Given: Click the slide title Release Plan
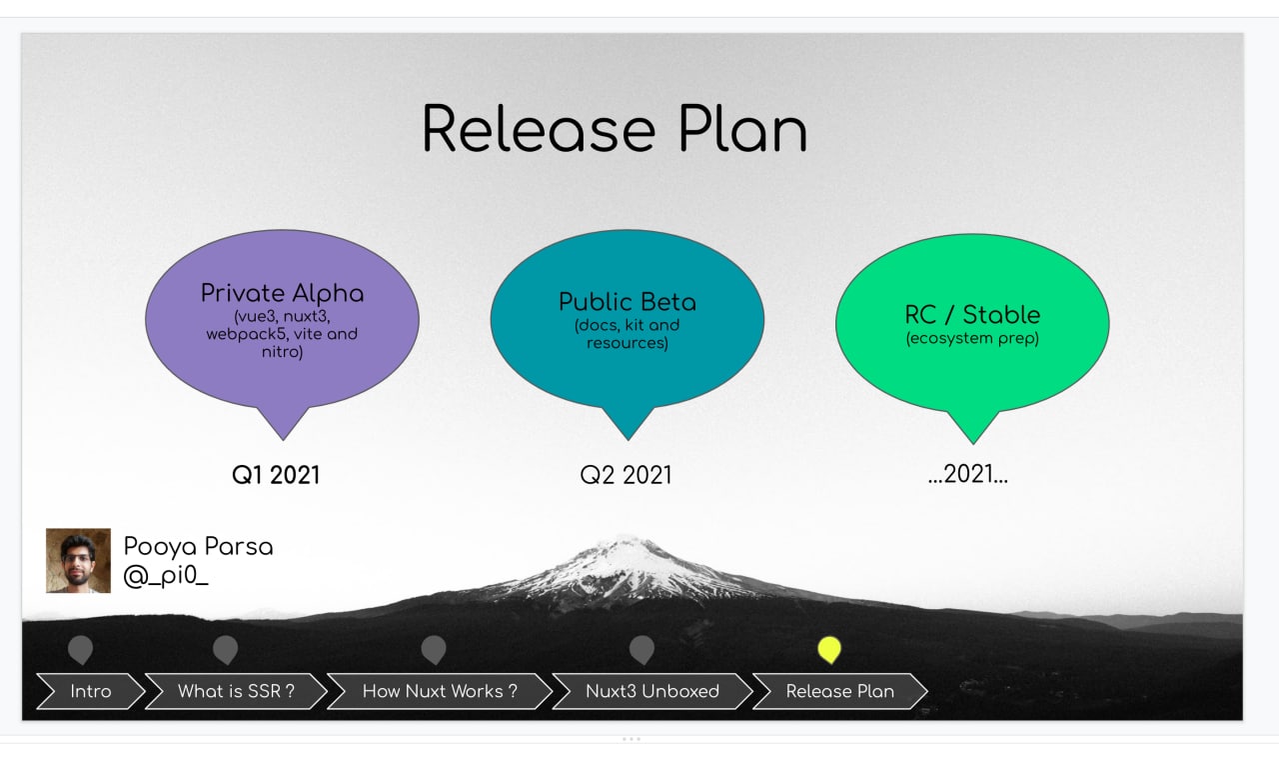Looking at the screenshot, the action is [615, 129].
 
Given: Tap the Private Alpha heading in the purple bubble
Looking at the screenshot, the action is [282, 293].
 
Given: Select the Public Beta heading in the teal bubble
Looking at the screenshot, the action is [628, 302].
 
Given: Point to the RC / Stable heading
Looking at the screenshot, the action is [972, 314].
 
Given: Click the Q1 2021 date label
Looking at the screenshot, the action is [276, 475].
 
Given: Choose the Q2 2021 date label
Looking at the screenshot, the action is [626, 475].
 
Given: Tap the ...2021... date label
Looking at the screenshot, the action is [968, 474].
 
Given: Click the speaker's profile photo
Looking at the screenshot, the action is [78, 561].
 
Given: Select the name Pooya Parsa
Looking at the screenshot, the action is [198, 546].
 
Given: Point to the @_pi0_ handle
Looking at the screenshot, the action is [166, 575].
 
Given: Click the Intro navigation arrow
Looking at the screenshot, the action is [91, 691].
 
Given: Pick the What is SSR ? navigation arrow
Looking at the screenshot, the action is [236, 691].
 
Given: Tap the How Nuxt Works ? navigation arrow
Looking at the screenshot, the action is [440, 691].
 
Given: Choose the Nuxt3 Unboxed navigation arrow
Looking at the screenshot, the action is [652, 691].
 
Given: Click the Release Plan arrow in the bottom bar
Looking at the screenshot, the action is [840, 691].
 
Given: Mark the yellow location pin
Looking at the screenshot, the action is [829, 650].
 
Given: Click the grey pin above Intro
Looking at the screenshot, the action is [80, 650].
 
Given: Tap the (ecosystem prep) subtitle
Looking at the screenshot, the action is [972, 338].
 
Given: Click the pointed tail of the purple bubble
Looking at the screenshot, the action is [283, 439].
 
